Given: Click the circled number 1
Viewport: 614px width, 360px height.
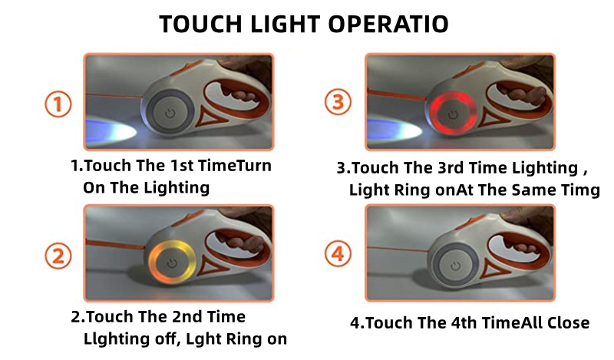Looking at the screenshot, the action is (x=58, y=104).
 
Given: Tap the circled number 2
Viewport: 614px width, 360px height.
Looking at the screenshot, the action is (x=58, y=256).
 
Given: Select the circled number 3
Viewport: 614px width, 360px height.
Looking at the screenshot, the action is (x=338, y=102).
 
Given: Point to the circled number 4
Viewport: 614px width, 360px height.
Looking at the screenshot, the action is (x=338, y=253).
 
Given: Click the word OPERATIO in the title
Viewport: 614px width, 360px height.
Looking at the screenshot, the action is (x=388, y=25).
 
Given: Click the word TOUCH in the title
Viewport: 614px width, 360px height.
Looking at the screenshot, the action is (x=201, y=25).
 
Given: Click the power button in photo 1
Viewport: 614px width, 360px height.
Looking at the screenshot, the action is (x=170, y=114).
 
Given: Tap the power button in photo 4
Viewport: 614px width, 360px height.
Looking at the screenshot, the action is (x=455, y=266).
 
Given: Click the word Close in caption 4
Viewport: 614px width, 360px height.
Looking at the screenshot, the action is (x=568, y=323).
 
